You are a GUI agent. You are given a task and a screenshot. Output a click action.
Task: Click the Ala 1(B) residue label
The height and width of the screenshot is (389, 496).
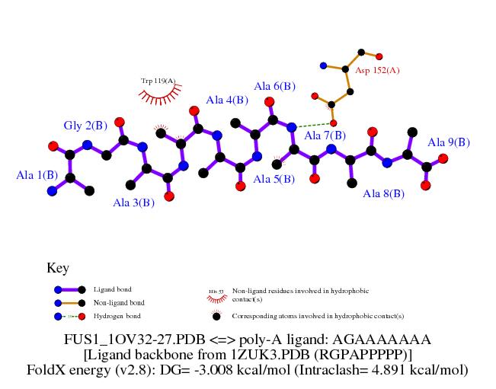(37, 175)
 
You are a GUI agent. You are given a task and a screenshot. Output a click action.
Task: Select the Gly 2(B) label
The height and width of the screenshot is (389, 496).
(84, 126)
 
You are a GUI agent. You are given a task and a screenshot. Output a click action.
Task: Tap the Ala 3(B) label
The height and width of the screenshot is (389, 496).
(133, 202)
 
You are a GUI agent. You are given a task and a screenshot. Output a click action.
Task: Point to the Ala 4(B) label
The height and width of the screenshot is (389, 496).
(227, 100)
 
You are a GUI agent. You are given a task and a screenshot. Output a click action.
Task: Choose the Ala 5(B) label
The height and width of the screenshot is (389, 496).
(274, 180)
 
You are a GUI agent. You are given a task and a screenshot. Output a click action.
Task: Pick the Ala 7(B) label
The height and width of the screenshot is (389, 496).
(325, 136)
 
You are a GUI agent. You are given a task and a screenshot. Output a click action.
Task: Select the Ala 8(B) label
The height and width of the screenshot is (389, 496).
(383, 194)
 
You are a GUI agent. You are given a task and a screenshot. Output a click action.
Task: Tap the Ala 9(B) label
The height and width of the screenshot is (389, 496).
(449, 142)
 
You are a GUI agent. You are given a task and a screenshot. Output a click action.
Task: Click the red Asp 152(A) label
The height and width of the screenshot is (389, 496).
(377, 70)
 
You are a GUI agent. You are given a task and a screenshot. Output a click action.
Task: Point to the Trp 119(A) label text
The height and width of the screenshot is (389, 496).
(158, 81)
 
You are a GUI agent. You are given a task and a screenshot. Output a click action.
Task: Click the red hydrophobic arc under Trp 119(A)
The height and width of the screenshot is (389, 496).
(159, 95)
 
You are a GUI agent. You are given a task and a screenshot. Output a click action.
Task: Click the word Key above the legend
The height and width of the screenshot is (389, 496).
(58, 268)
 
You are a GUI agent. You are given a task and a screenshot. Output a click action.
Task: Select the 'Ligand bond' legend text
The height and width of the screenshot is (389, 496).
(112, 290)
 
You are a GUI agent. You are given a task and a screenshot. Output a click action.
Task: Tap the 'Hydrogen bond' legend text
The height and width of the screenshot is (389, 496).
(117, 316)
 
